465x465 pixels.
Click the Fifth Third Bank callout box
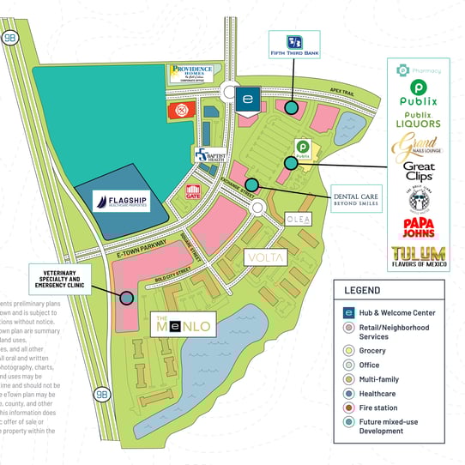(x=293, y=44)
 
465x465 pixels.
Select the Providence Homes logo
(x=191, y=74)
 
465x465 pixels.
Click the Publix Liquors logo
(x=418, y=119)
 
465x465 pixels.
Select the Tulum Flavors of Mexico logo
(x=418, y=255)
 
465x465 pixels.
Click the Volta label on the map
(x=265, y=257)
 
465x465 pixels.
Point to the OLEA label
(x=303, y=220)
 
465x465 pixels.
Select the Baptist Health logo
(x=208, y=154)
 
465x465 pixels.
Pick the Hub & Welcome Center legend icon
(x=349, y=312)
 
